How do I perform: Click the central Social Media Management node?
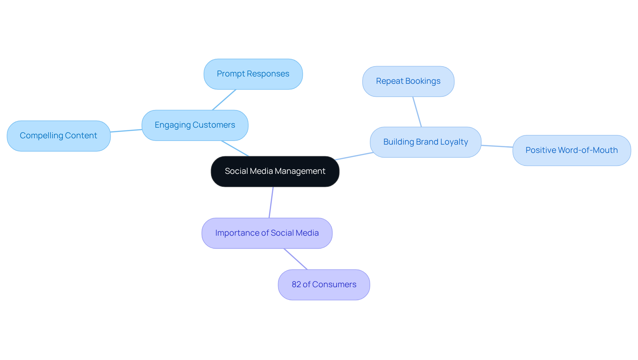coord(275,172)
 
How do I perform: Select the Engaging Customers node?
coord(195,125)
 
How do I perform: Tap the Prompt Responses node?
coord(253,74)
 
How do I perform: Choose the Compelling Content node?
coord(58,136)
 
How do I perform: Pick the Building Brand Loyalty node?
coord(425,142)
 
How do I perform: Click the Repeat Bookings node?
coord(408,81)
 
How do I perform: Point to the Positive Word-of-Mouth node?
coord(572,151)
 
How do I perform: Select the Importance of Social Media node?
coord(267,233)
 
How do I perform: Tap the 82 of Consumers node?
coord(324,285)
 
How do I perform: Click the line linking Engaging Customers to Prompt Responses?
coord(224,100)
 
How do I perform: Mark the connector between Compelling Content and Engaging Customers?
coord(126,131)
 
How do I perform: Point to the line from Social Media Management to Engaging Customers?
coord(235,149)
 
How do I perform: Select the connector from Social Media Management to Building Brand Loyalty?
coord(354,156)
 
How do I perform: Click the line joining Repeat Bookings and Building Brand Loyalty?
coord(417,112)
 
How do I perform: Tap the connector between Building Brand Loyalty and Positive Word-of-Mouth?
coord(497,146)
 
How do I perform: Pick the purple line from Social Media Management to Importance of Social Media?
coord(271,202)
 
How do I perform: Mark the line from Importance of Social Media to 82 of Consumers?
coord(295,259)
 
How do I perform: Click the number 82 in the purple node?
coord(296,285)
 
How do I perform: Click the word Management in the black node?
coord(300,171)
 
